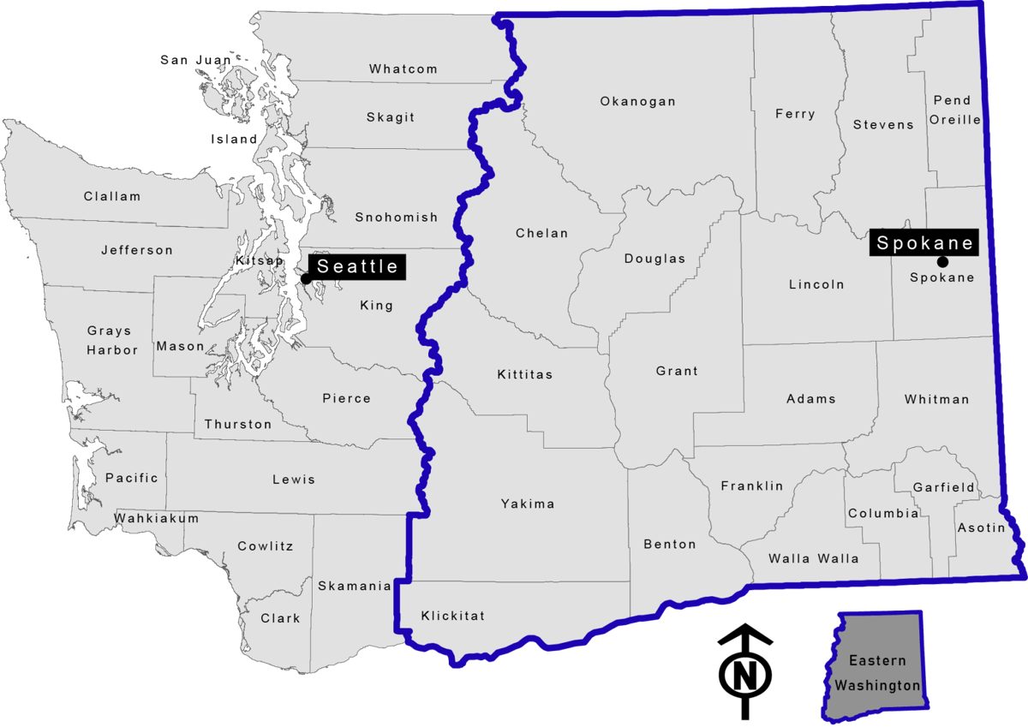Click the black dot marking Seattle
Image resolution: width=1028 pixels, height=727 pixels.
(305, 277)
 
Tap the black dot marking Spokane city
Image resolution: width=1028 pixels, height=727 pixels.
(942, 261)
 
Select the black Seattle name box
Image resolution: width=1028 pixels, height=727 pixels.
(357, 266)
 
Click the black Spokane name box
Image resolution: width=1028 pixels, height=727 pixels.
(925, 242)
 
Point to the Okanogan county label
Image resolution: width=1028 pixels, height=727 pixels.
(637, 101)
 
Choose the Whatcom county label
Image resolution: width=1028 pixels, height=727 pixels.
(403, 69)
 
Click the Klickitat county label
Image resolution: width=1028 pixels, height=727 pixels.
(452, 616)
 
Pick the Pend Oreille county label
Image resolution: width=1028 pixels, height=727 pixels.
(954, 110)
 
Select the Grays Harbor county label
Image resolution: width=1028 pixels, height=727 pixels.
(111, 340)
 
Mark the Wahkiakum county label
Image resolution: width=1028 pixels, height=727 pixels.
(157, 518)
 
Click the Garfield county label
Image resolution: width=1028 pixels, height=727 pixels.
(943, 487)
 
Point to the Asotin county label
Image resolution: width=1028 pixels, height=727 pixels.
(981, 527)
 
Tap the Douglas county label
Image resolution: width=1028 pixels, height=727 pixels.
(654, 259)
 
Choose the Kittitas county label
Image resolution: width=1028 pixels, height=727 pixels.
(524, 374)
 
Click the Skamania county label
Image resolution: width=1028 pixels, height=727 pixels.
(355, 586)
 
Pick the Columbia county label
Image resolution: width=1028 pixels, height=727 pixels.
(883, 514)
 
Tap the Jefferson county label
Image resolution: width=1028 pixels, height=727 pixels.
(136, 250)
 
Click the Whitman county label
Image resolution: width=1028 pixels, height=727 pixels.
(936, 399)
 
